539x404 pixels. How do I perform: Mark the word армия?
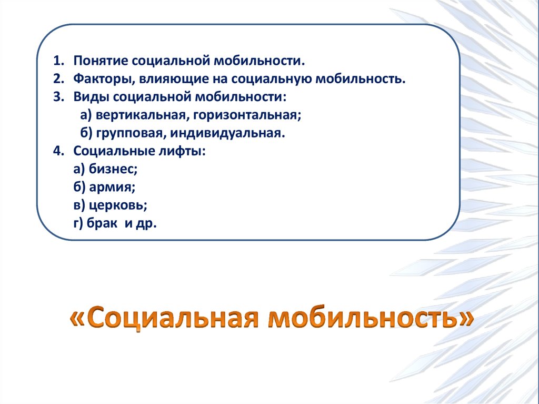pos(111,187)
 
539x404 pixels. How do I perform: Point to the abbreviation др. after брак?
pos(147,223)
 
